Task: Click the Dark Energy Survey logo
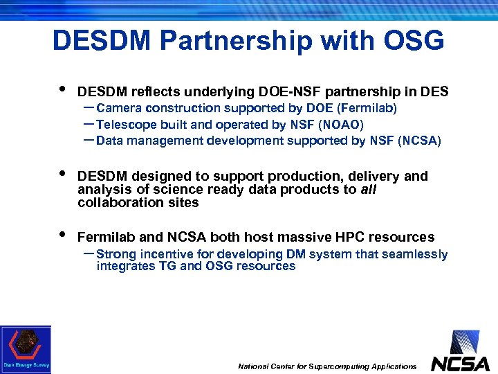26,349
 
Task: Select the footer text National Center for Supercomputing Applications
327,366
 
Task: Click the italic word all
369,190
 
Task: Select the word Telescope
124,125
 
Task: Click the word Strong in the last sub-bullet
116,254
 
